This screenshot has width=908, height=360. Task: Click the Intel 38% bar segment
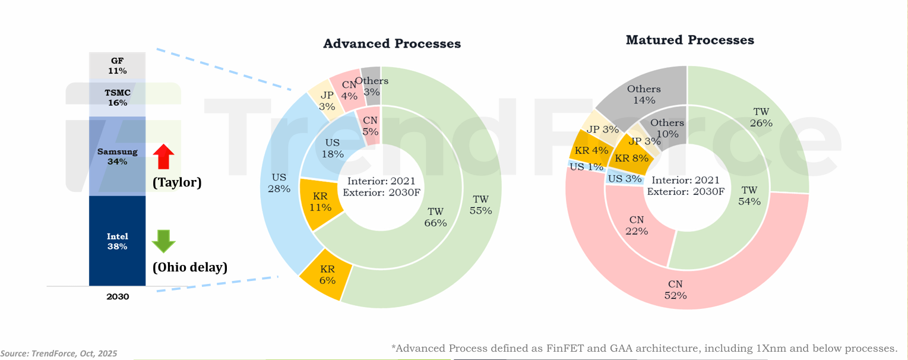[x=117, y=241]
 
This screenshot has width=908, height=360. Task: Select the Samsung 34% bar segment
[x=117, y=156]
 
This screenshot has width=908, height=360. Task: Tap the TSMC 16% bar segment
[x=117, y=97]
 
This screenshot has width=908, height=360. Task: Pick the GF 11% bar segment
[x=117, y=65]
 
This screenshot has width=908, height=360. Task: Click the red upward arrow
[x=163, y=157]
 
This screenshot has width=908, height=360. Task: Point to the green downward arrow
[x=163, y=241]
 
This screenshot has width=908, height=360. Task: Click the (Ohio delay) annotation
[x=190, y=267]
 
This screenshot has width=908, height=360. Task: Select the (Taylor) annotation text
[x=177, y=182]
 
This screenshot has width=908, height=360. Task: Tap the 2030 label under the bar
[x=118, y=296]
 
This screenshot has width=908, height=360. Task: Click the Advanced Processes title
[x=392, y=44]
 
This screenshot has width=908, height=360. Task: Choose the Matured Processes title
[x=690, y=40]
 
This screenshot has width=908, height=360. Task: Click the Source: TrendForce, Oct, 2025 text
[x=59, y=353]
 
